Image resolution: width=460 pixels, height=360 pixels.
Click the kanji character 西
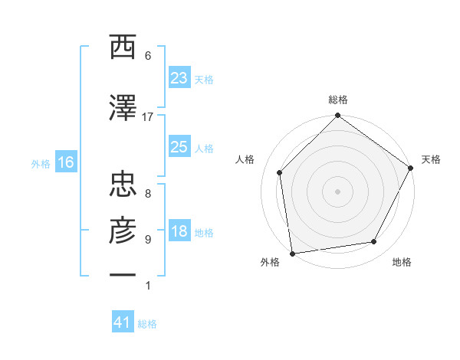tap(123, 48)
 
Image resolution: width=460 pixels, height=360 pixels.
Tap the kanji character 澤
tap(123, 109)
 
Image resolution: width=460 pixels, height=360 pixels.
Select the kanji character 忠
tap(123, 183)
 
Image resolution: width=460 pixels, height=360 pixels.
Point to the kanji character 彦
tap(123, 231)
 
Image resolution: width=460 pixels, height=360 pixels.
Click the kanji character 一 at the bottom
tap(123, 273)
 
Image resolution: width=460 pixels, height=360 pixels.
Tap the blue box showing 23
tap(179, 78)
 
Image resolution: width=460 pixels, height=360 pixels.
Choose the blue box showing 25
tap(179, 147)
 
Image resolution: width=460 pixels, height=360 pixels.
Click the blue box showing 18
tap(179, 232)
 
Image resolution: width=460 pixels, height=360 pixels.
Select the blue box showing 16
tap(65, 162)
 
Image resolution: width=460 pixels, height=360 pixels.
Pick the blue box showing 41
tap(123, 322)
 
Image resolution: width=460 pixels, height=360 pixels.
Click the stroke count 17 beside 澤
tap(148, 117)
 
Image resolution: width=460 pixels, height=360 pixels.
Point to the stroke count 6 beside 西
tap(148, 56)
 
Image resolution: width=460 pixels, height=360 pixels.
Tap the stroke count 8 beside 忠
tap(148, 194)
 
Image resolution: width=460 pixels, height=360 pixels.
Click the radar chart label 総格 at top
tap(337, 100)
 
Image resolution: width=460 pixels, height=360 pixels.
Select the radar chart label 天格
tap(431, 159)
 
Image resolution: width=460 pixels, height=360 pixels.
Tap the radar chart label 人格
tap(245, 159)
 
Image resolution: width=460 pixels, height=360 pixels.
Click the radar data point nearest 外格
tap(292, 253)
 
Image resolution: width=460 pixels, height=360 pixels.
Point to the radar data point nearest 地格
tap(374, 242)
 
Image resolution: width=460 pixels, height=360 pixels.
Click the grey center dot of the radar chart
tap(337, 191)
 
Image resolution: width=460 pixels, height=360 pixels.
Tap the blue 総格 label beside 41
tap(147, 324)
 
